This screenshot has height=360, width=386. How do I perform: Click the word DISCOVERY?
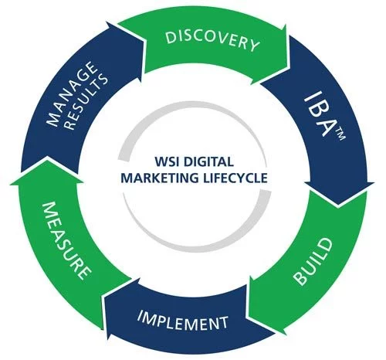click(212, 41)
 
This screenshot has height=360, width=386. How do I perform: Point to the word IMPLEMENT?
click(183, 320)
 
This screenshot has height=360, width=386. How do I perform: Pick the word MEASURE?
click(66, 241)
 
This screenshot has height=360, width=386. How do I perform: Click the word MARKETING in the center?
click(160, 178)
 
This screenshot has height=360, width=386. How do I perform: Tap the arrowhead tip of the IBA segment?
click(339, 205)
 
